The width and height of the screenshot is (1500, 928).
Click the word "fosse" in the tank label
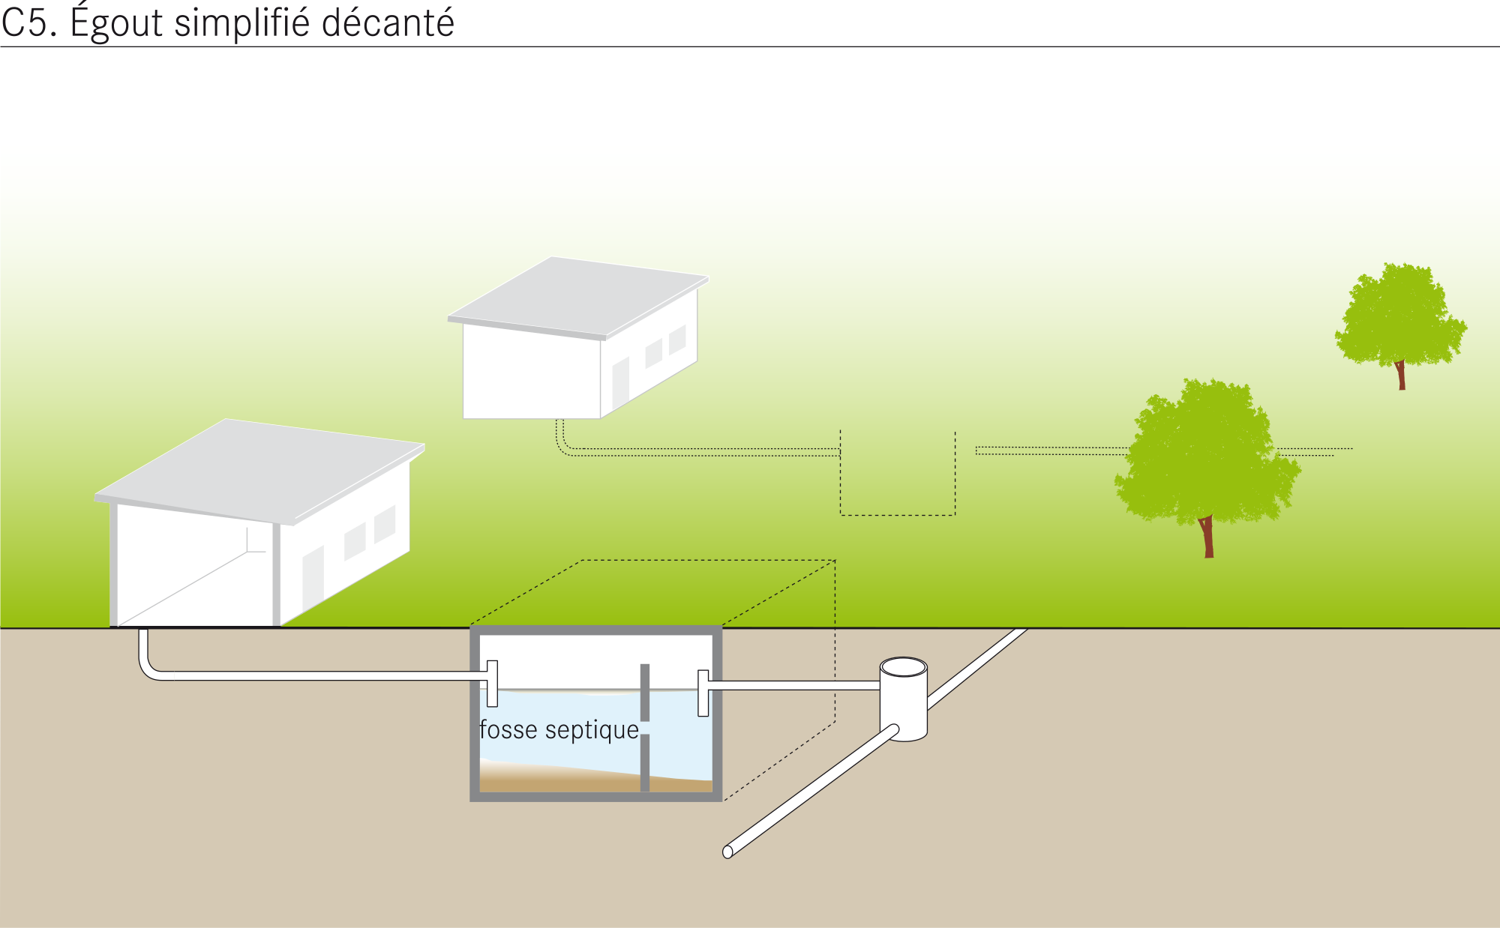click(x=508, y=729)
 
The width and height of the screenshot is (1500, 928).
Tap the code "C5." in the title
click(x=29, y=23)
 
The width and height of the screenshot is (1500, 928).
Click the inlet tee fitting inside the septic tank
click(x=492, y=683)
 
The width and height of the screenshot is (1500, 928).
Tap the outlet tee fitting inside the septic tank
click(x=703, y=693)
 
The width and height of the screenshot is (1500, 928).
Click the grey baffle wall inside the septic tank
click(x=645, y=727)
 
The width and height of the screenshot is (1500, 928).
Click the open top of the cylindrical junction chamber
click(x=904, y=666)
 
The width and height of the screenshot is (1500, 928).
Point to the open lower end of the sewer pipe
click(x=727, y=852)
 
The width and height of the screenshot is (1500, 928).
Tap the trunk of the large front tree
click(x=1207, y=536)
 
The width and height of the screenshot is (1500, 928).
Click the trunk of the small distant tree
click(x=1400, y=375)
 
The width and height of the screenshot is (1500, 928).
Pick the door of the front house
click(x=313, y=577)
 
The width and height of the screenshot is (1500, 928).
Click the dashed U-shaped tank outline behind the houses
click(x=898, y=515)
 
